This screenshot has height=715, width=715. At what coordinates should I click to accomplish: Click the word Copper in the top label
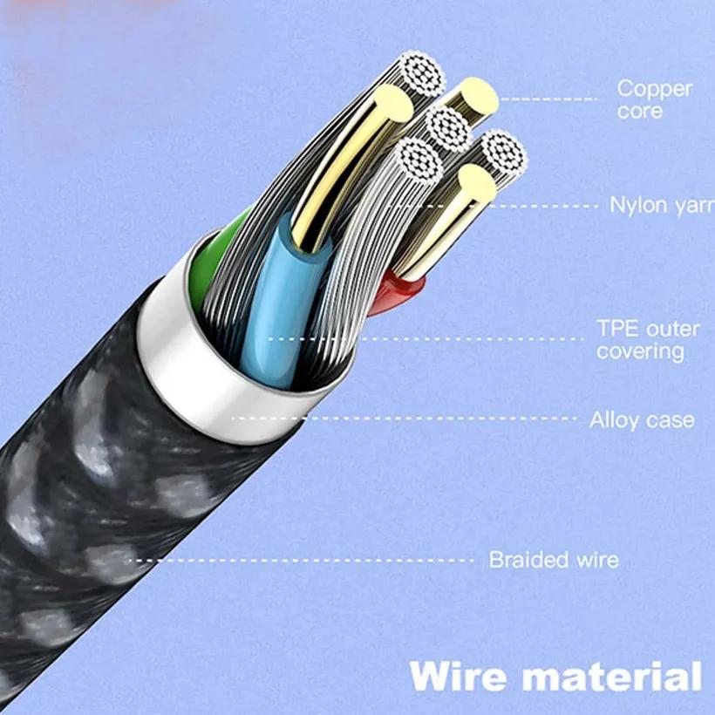click(654, 88)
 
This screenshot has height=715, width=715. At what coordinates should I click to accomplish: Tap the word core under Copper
click(640, 112)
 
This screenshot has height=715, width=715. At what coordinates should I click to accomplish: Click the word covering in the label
click(640, 351)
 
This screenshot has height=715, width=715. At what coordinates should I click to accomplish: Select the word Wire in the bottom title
click(457, 678)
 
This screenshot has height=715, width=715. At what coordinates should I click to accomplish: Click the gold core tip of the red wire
click(477, 185)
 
